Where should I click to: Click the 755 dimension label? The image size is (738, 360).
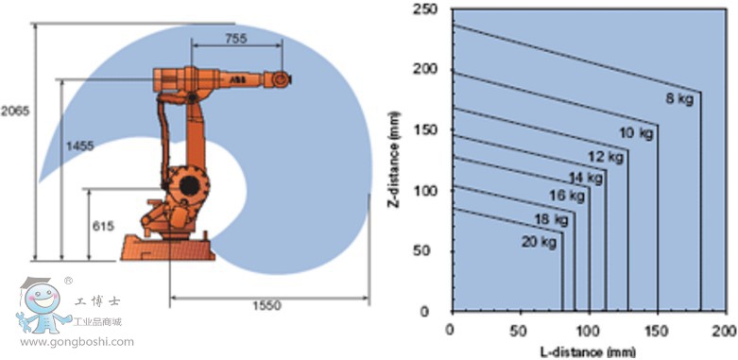click(x=237, y=39)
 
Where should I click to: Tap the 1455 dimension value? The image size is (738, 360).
click(x=79, y=146)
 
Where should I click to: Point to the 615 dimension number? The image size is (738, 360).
click(x=103, y=226)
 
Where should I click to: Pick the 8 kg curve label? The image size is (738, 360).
click(x=678, y=96)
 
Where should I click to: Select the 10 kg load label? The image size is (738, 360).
click(x=635, y=132)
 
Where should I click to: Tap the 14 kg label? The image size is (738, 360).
click(x=586, y=177)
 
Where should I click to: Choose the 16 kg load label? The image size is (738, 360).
click(x=567, y=197)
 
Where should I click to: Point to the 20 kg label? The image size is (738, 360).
click(x=538, y=242)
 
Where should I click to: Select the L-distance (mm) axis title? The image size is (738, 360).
click(x=586, y=351)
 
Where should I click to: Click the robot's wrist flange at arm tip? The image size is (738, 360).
click(x=282, y=81)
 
